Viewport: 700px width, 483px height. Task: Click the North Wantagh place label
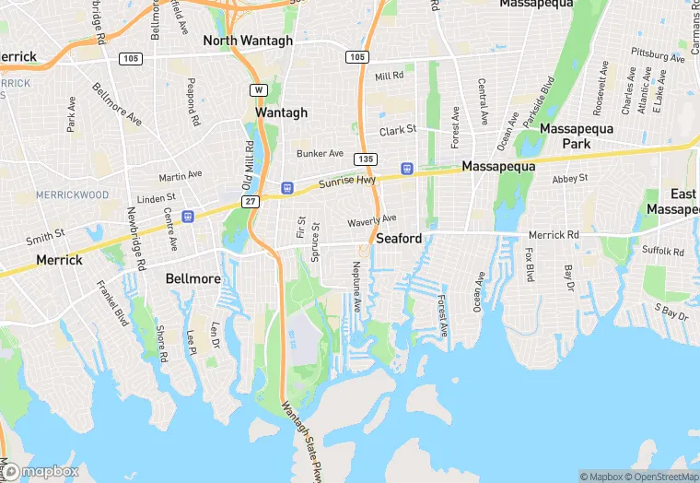click(x=248, y=41)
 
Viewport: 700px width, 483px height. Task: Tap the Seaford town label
click(x=399, y=238)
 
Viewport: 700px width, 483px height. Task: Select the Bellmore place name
click(x=192, y=278)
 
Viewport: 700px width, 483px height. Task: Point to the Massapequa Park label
click(x=577, y=136)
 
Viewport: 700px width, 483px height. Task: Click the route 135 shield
click(x=366, y=159)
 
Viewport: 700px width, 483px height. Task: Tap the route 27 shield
click(x=250, y=201)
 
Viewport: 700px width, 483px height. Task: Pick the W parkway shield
click(x=258, y=90)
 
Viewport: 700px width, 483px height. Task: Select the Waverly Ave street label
click(x=371, y=221)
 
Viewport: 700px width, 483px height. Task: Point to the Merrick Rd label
click(x=554, y=235)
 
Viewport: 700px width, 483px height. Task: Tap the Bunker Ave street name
click(x=320, y=153)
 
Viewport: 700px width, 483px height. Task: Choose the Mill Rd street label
click(x=390, y=76)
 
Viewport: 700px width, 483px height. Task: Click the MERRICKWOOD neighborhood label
click(x=72, y=195)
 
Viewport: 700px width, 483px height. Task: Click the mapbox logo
click(x=40, y=471)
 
